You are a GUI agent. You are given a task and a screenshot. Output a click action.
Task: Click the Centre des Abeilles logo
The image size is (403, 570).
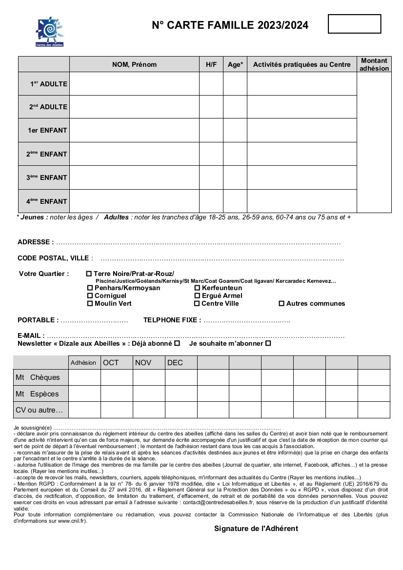click(50, 31)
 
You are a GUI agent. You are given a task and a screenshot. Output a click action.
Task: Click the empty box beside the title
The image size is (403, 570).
click(354, 24)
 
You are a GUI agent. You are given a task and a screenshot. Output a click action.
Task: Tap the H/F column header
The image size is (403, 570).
click(211, 64)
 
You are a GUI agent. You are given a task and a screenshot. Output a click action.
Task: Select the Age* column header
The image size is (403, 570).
click(235, 64)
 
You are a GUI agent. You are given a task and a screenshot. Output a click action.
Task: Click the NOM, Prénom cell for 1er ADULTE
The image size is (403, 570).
click(134, 84)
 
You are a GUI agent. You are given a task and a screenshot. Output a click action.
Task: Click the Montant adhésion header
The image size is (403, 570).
click(374, 64)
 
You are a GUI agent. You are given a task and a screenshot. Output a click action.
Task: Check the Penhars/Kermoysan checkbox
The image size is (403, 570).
click(90, 288)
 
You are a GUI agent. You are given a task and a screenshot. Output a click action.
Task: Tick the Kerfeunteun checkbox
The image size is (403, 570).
click(197, 288)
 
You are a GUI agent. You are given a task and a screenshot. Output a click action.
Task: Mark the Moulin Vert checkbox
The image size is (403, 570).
click(90, 303)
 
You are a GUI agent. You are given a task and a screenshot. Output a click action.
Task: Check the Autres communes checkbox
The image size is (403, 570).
click(282, 303)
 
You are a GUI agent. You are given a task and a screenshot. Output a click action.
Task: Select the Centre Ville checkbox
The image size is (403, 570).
click(197, 303)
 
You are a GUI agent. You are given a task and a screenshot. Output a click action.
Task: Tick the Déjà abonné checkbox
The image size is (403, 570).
click(177, 343)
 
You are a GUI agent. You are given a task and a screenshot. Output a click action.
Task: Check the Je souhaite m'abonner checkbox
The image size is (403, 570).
click(268, 343)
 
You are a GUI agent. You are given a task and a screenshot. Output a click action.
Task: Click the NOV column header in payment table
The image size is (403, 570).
click(149, 363)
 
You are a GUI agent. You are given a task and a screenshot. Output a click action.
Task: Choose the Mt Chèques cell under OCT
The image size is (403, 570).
click(117, 377)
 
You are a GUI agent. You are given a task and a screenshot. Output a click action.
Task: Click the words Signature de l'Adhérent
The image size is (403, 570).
click(256, 529)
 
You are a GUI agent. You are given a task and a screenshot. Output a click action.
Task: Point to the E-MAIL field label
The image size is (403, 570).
click(31, 336)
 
